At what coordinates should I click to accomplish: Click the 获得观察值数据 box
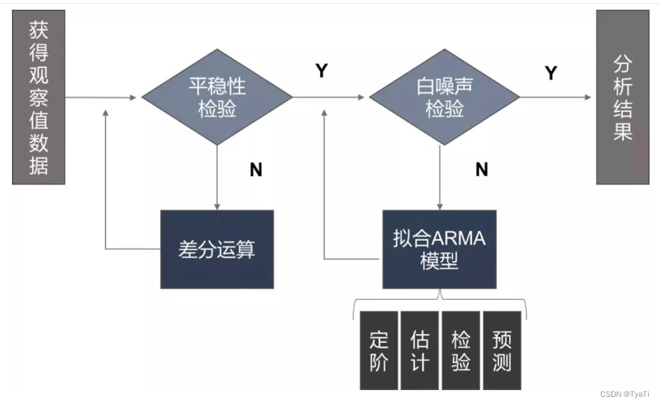point(39,98)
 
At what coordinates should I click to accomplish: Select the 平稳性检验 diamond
point(217,98)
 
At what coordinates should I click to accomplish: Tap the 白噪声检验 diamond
point(444,98)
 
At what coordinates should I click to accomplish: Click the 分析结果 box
point(623,98)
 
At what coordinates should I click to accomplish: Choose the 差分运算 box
point(217,249)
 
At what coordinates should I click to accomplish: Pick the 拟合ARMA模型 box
point(439,249)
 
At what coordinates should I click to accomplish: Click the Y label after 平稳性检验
point(321,72)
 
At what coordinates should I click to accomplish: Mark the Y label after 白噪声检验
point(551,73)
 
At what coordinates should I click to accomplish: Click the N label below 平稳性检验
point(256,170)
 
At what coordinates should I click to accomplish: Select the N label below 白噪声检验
point(482,170)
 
